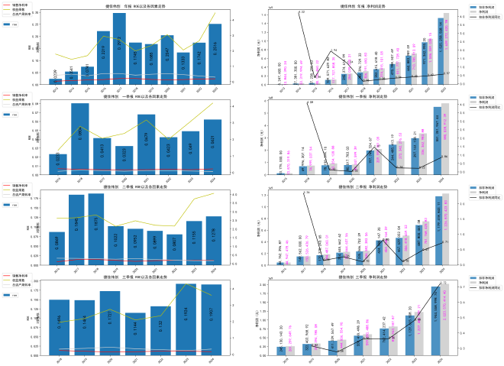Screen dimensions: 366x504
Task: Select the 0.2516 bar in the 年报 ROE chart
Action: (215, 53)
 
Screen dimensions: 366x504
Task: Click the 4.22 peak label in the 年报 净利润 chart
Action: (302, 13)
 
